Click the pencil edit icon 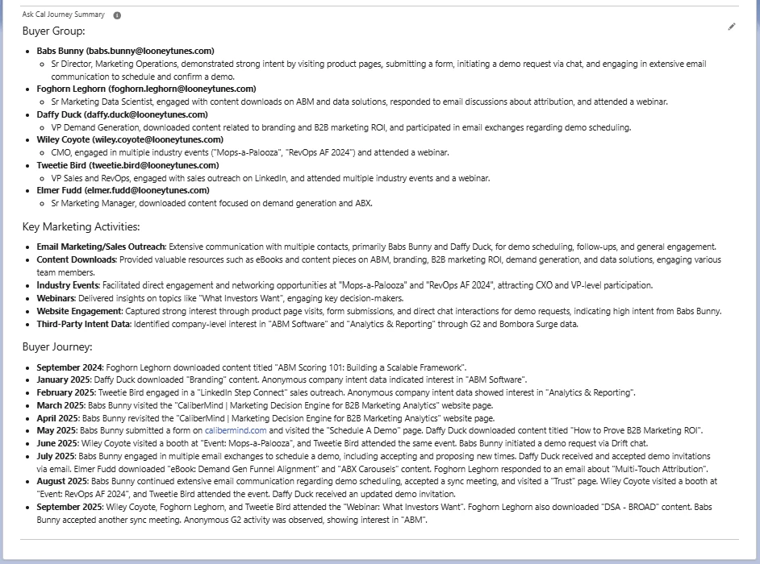point(732,27)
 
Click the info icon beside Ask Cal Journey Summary point(117,15)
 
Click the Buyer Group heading point(54,31)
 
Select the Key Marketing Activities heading point(81,227)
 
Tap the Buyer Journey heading point(57,347)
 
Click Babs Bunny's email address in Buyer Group point(150,51)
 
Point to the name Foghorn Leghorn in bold point(71,89)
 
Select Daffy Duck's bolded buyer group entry point(120,114)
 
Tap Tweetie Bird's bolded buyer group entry point(127,165)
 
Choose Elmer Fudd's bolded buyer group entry point(123,190)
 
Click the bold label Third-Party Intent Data point(82,324)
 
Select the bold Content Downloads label point(77,259)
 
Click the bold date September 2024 point(70,367)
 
